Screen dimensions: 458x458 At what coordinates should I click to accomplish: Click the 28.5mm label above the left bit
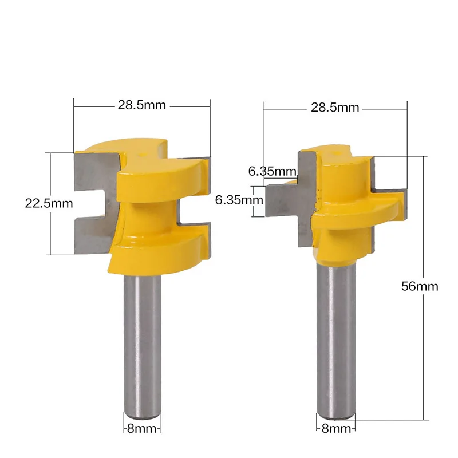(x=141, y=105)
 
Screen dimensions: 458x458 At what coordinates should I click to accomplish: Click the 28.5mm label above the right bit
(x=335, y=108)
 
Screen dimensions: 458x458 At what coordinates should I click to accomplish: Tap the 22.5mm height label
(x=49, y=204)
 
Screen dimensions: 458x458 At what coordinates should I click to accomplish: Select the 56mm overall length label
(x=420, y=286)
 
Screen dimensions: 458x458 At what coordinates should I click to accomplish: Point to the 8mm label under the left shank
(x=142, y=428)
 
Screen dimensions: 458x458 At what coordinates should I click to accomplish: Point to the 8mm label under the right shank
(x=336, y=428)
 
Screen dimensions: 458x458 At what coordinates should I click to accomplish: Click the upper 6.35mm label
(x=273, y=171)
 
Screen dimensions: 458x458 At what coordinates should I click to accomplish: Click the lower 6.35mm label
(x=239, y=200)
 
